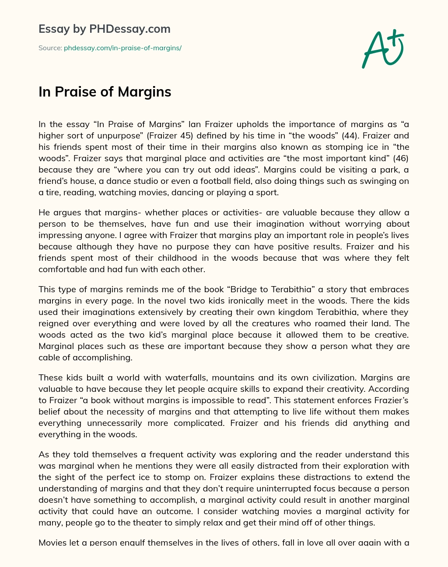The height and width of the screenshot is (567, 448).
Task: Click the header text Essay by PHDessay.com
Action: (105, 29)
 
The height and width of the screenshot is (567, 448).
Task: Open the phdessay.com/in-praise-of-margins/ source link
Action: (122, 48)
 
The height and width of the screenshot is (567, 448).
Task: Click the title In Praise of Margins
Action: (105, 92)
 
